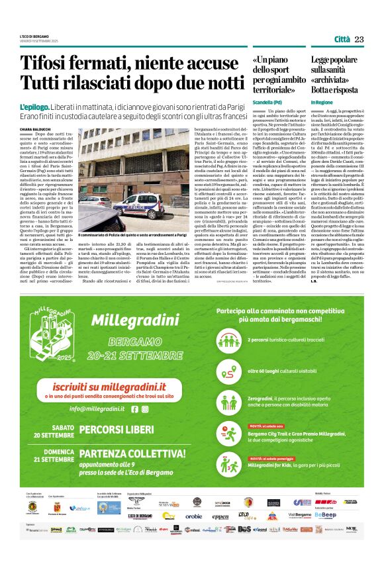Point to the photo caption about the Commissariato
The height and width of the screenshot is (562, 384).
coord(153,235)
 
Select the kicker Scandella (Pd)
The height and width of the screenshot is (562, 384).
coord(267,103)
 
